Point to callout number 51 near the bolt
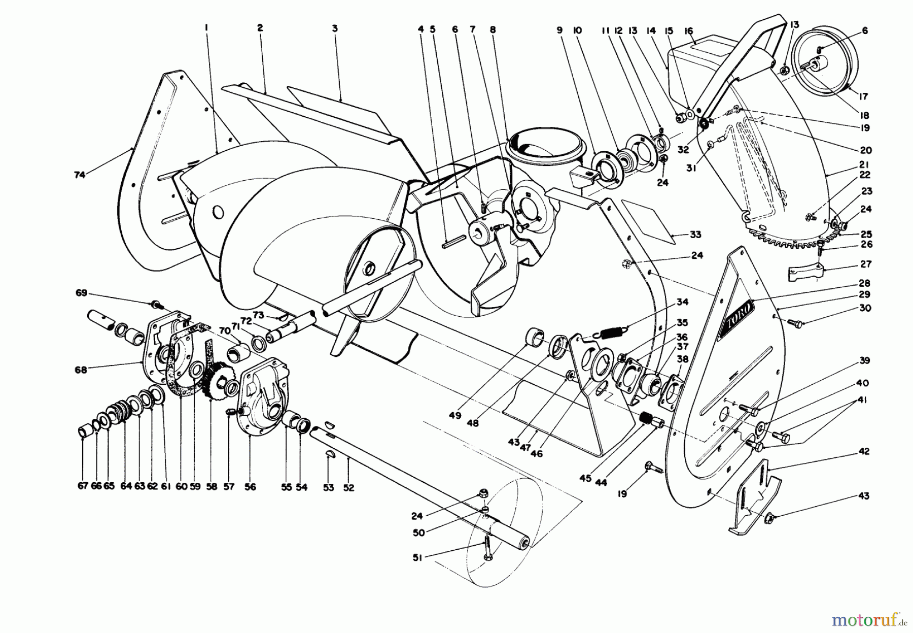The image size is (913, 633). pos(416,557)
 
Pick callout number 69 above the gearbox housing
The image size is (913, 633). pos(82,293)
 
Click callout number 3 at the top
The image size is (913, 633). pos(335,29)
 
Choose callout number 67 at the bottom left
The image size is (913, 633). pos(83,486)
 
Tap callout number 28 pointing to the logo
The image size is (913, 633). pos(864,283)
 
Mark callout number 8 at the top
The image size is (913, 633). pos(492,30)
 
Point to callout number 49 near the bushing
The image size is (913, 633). pos(454,415)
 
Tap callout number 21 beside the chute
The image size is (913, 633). pos(864,164)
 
